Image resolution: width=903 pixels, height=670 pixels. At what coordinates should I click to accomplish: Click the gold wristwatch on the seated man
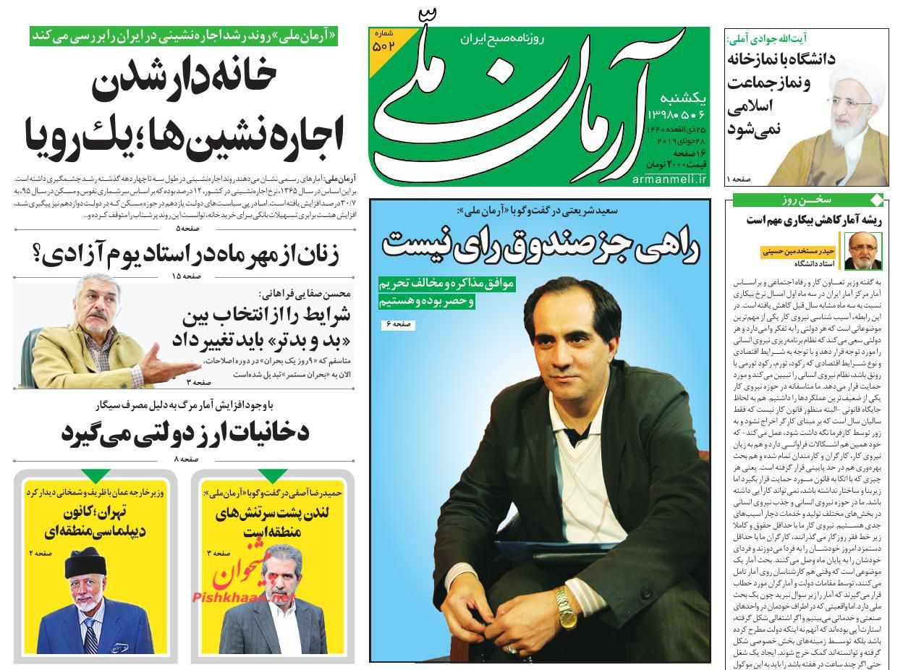pyautogui.click(x=564, y=602)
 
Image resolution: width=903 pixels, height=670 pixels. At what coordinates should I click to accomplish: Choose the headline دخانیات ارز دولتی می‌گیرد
pyautogui.click(x=185, y=432)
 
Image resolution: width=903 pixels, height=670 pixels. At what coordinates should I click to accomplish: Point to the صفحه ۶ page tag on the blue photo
pyautogui.click(x=397, y=325)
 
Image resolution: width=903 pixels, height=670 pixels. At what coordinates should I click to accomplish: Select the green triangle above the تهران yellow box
pyautogui.click(x=96, y=475)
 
